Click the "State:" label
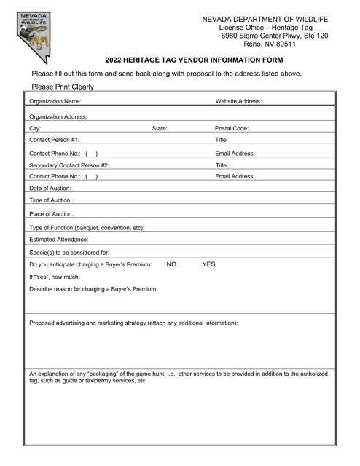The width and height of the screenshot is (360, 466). click(160, 128)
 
